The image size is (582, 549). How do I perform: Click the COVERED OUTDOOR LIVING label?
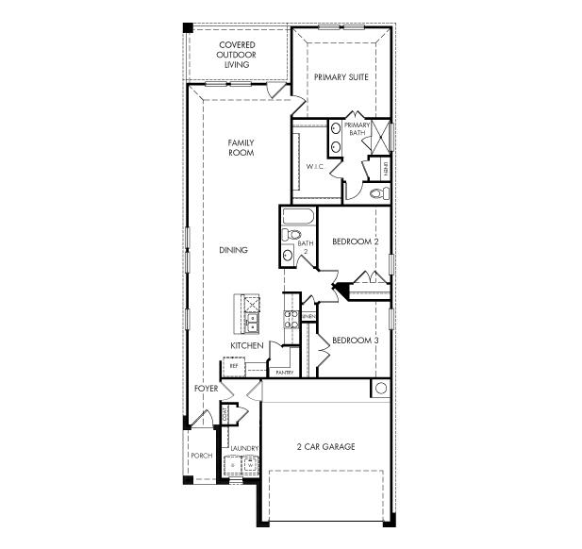point(238,55)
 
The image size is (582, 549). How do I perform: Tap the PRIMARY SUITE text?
point(341,77)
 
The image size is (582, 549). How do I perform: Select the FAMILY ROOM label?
point(241,148)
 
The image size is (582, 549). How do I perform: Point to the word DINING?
point(233,250)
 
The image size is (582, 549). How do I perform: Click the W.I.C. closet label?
point(314,167)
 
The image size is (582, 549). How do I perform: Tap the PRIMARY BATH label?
point(357,129)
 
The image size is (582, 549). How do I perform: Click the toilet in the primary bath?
point(378,192)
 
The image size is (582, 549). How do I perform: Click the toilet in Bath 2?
point(291,234)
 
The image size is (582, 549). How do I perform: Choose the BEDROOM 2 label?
point(356,242)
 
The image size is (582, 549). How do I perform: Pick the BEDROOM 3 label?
point(356,340)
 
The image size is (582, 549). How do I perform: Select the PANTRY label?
point(284,372)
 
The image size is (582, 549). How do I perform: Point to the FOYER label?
point(207,388)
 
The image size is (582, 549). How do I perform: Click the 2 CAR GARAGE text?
point(325,446)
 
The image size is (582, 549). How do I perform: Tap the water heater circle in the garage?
point(380,388)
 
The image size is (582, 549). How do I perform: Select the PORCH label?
point(201,456)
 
